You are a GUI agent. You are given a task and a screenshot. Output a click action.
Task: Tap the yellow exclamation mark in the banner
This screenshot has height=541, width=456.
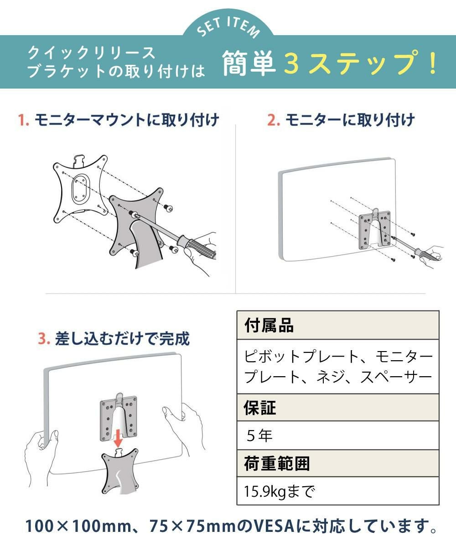433,63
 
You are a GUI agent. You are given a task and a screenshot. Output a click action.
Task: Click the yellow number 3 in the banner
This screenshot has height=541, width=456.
291,63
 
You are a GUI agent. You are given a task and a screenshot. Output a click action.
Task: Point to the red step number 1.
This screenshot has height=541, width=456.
23,121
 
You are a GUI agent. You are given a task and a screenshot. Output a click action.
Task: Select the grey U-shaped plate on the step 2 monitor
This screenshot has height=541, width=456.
375,230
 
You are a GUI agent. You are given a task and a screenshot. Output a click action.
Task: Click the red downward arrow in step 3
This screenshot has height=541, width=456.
118,439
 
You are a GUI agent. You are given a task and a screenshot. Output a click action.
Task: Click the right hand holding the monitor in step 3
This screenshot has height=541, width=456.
183,425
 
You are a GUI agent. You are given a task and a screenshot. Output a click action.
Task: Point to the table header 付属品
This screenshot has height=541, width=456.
269,326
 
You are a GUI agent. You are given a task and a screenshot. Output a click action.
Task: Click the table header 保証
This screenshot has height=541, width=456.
260,408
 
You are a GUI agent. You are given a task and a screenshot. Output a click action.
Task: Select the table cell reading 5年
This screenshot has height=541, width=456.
259,436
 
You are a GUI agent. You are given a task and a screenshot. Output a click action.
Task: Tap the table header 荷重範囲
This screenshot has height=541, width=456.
277,463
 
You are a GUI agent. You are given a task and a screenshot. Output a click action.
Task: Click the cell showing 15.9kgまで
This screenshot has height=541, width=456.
279,491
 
